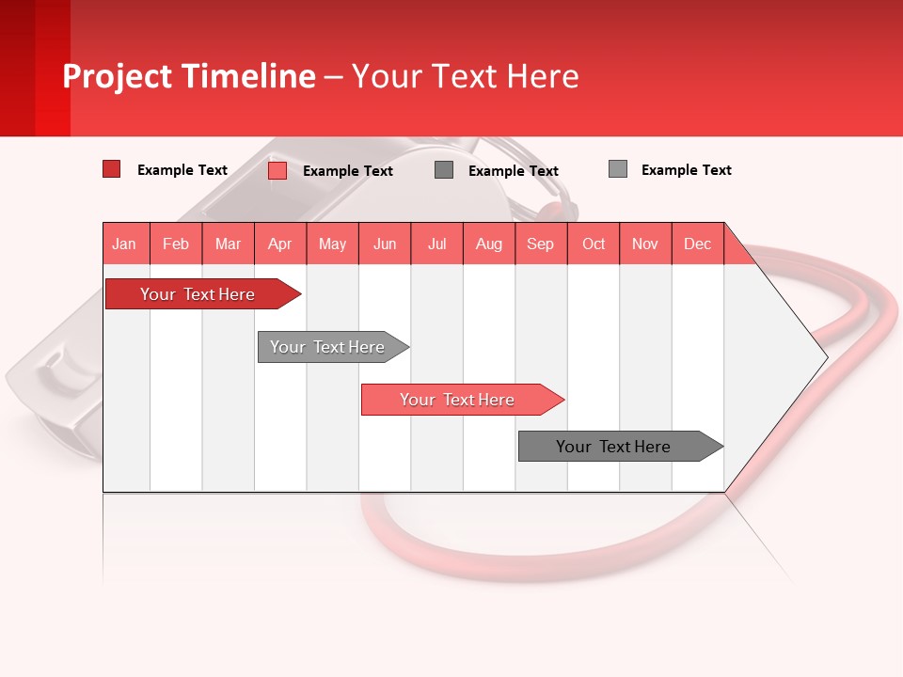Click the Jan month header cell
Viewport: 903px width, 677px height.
coord(125,244)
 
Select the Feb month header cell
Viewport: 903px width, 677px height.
coord(176,244)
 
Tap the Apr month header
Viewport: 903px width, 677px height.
coord(280,244)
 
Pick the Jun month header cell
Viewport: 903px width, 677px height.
coord(385,244)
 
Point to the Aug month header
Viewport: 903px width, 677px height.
coord(489,244)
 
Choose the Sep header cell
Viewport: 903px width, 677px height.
coord(541,244)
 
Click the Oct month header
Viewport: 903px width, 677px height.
coord(594,244)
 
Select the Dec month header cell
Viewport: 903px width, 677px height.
coord(698,244)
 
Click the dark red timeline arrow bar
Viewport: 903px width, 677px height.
coord(198,294)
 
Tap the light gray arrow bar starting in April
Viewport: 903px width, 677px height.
coord(328,347)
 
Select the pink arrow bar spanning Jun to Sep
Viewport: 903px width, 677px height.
coord(458,400)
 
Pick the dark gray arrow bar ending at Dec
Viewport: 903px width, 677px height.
coord(614,447)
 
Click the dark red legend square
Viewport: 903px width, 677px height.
coord(111,169)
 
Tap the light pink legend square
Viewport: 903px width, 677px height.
coord(277,170)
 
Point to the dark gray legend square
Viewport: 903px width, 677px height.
coord(444,169)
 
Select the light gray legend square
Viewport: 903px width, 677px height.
coord(618,169)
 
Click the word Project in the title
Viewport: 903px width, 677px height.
coord(117,76)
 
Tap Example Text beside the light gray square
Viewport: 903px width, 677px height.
coord(686,170)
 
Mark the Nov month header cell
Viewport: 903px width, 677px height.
coord(645,244)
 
